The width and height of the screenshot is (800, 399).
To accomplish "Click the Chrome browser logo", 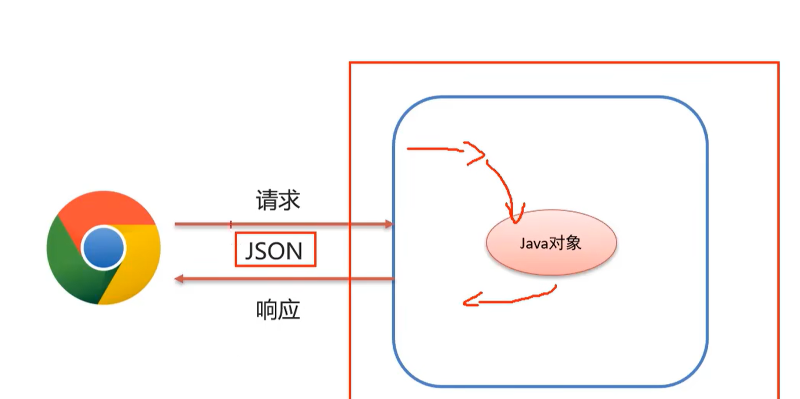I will pyautogui.click(x=104, y=247).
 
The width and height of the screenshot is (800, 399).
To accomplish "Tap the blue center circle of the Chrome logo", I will pyautogui.click(x=104, y=248).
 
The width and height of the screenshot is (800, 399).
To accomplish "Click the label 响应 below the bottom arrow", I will pyautogui.click(x=278, y=310).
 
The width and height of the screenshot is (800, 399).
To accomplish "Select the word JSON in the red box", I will pyautogui.click(x=274, y=250).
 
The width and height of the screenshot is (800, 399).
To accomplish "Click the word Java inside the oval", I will pyautogui.click(x=532, y=243).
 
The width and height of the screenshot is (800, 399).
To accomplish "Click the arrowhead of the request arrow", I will pyautogui.click(x=389, y=224).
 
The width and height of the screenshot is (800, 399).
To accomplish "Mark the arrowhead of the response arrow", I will pyautogui.click(x=179, y=279).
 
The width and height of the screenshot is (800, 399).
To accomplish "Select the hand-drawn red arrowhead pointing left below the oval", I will pyautogui.click(x=469, y=301).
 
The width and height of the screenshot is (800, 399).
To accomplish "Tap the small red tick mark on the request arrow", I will pyautogui.click(x=231, y=224).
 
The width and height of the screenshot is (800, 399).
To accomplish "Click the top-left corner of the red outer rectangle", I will pyautogui.click(x=350, y=62).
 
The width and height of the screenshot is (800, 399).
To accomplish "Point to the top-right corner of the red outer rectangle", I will pyautogui.click(x=779, y=62).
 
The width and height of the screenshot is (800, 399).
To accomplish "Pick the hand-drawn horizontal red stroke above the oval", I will pyautogui.click(x=434, y=149).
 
